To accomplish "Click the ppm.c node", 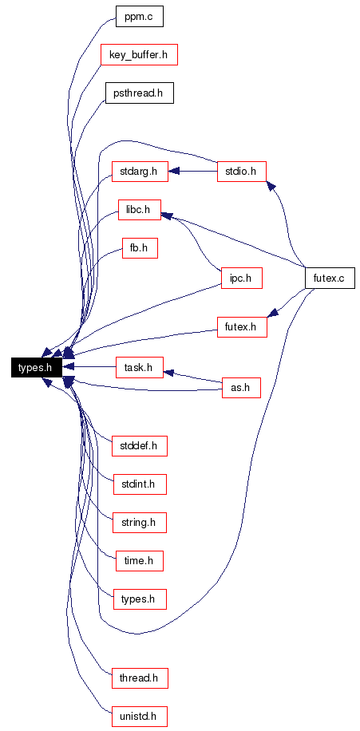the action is [x=140, y=18].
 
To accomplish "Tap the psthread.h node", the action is [x=140, y=93].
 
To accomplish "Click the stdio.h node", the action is [x=242, y=171].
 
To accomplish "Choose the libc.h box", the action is [x=140, y=210].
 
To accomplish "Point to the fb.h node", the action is [x=140, y=248].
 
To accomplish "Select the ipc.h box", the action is [x=242, y=279].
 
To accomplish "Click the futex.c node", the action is [x=330, y=279].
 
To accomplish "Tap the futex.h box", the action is [x=242, y=327].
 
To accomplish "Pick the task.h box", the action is [x=140, y=367].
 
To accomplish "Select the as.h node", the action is [x=242, y=387].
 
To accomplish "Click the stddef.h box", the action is [x=140, y=446].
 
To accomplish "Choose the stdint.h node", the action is [x=140, y=484].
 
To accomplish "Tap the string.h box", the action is [x=140, y=523].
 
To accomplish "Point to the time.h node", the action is [x=140, y=561].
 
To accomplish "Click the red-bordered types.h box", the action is [x=140, y=599].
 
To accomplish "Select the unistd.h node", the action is [x=140, y=716].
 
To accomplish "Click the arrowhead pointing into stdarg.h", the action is [x=174, y=171].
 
